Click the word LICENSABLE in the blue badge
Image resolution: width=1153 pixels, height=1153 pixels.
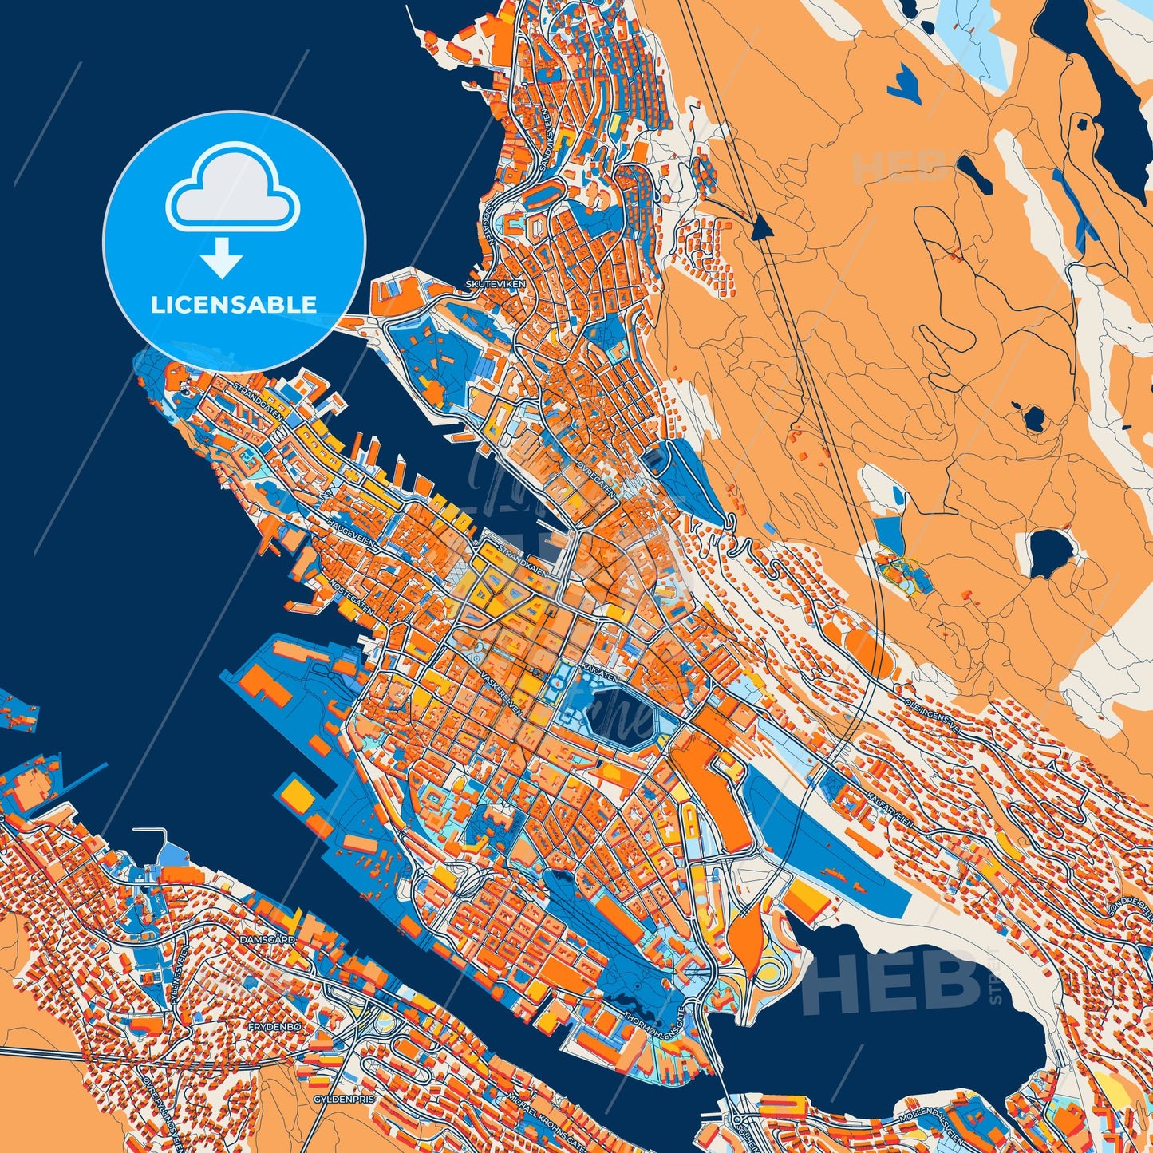pyautogui.click(x=234, y=304)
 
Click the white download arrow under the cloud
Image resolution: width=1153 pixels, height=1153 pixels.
pyautogui.click(x=222, y=257)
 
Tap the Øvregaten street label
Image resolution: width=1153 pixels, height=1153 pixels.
pyautogui.click(x=596, y=477)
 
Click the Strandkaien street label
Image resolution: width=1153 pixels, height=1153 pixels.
pyautogui.click(x=523, y=560)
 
